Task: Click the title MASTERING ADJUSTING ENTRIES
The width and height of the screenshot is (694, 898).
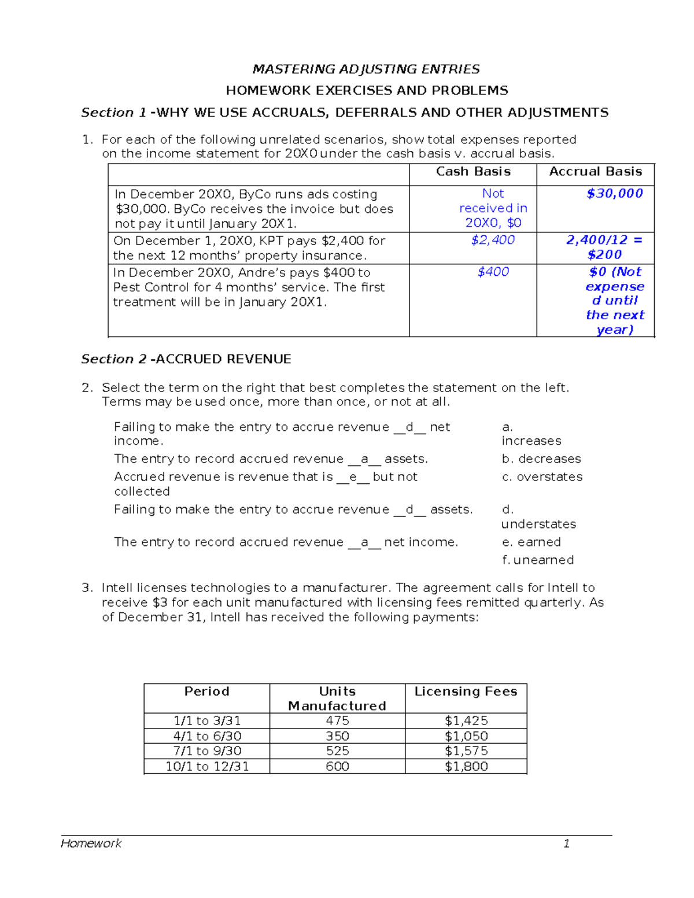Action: (366, 69)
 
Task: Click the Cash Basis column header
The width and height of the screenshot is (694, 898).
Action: (473, 172)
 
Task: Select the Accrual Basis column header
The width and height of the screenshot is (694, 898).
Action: (595, 172)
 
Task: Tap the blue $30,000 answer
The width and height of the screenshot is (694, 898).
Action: (614, 194)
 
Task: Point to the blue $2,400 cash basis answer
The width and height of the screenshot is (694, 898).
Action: (493, 240)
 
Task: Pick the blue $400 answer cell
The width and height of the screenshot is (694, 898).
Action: (493, 272)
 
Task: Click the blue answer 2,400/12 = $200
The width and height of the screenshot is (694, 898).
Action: (604, 247)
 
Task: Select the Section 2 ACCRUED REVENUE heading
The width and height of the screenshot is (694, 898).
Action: (186, 359)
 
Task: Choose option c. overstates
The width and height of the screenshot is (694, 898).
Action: (542, 477)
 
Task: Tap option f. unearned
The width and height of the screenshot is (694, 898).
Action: (537, 560)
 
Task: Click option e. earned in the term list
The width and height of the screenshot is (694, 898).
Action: (531, 542)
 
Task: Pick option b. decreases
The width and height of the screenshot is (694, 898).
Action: (541, 459)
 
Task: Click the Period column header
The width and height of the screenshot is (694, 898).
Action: (206, 692)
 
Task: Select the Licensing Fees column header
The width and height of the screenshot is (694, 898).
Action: (466, 692)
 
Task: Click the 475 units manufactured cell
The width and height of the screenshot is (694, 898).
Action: (337, 721)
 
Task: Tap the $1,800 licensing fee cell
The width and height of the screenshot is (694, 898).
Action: (466, 767)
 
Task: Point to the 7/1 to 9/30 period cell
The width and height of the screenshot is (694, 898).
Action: (207, 751)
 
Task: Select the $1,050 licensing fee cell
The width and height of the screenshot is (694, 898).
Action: (466, 736)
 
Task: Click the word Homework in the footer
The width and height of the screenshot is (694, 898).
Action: (91, 844)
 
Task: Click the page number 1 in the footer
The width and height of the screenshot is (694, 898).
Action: (566, 844)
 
